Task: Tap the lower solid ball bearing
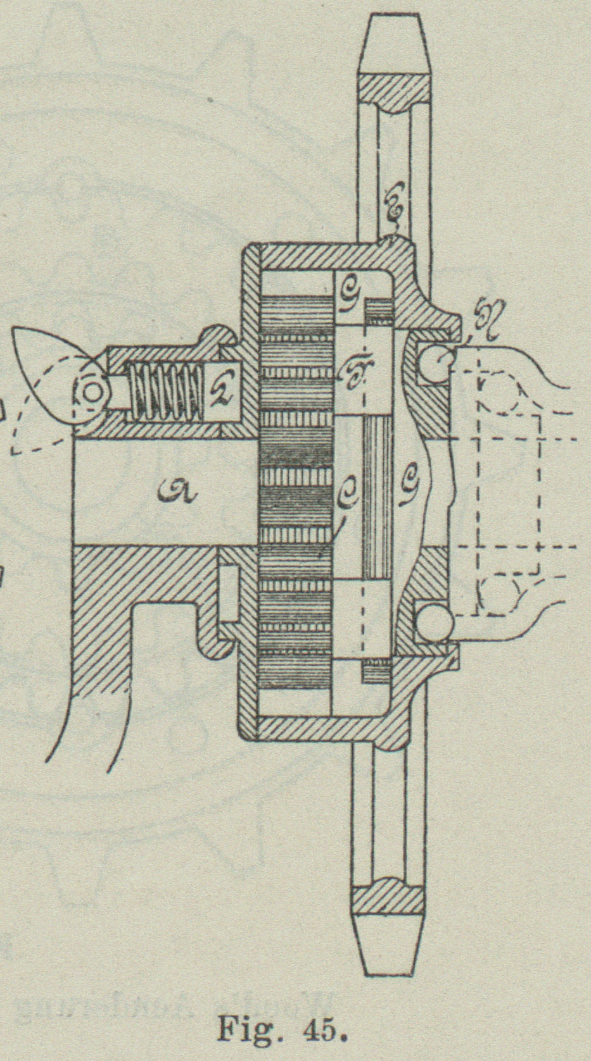[x=433, y=621]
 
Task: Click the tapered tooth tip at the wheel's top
[x=394, y=38]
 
